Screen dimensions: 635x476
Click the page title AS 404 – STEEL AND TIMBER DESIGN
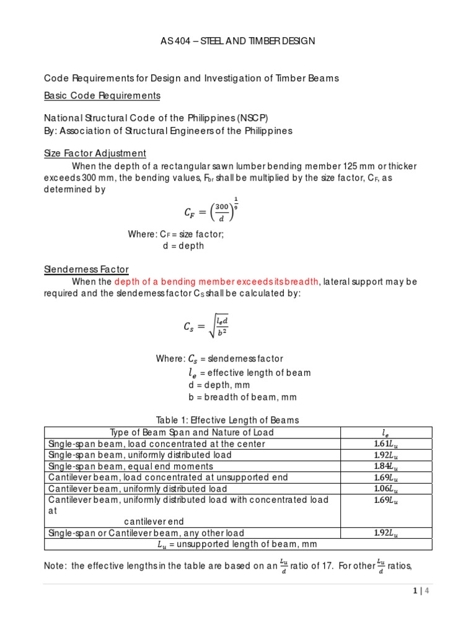(x=238, y=41)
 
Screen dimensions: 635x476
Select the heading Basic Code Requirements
(x=102, y=96)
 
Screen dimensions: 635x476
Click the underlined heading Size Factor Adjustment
(x=95, y=153)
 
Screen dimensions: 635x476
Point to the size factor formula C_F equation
(x=211, y=211)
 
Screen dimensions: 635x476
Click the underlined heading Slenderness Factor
(x=86, y=269)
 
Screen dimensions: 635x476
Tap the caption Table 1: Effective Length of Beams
(x=238, y=420)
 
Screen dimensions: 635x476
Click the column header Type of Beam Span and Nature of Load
(x=192, y=432)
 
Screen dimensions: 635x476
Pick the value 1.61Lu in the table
(x=386, y=444)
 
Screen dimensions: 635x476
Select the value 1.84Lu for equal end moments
(x=386, y=466)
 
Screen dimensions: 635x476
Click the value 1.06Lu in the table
(x=386, y=489)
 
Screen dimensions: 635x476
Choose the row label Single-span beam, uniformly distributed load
(x=140, y=455)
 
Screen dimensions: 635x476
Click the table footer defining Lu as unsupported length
(x=238, y=544)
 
